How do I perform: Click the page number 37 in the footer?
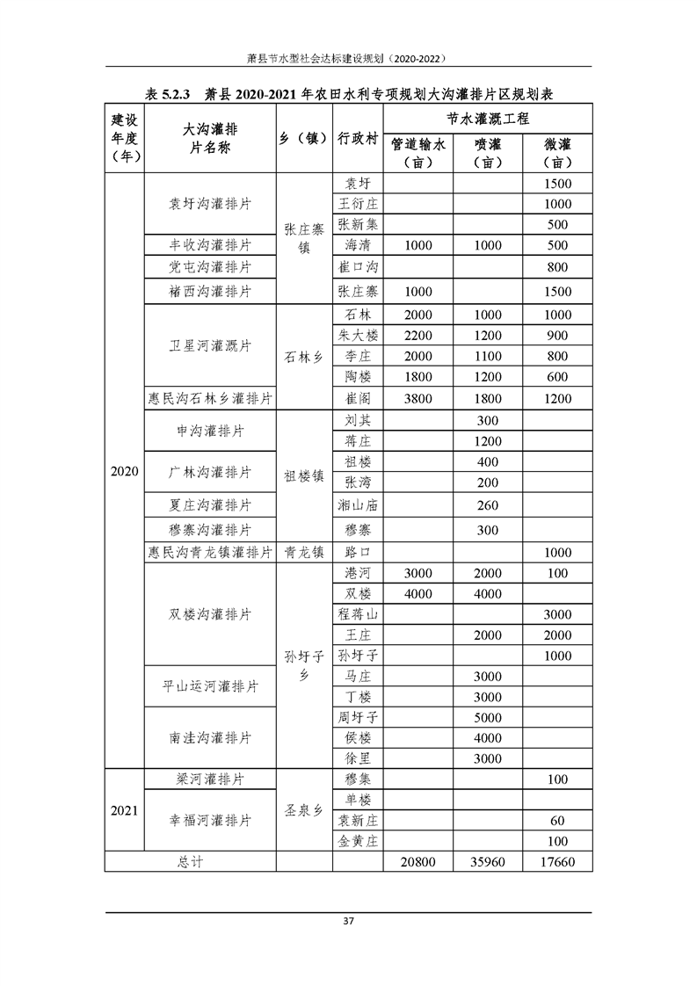(348, 922)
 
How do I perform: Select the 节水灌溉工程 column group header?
(487, 119)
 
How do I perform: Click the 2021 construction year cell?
(124, 810)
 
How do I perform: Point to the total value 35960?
(487, 862)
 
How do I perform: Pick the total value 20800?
(417, 862)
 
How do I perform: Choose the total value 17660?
(557, 862)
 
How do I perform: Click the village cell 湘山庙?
(358, 505)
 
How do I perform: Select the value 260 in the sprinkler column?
(487, 505)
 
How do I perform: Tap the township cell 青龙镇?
(304, 553)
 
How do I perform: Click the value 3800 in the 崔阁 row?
(417, 399)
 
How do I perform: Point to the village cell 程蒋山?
(358, 613)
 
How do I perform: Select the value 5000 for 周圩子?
(487, 717)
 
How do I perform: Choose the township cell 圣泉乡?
(304, 810)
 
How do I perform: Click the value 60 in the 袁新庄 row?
(557, 821)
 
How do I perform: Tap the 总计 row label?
(191, 862)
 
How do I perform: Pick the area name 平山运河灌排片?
(209, 686)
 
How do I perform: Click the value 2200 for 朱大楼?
(417, 336)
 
